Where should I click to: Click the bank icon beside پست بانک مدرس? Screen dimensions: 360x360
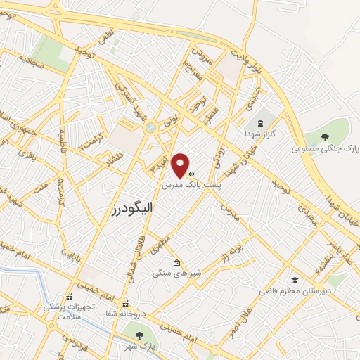point(191,173)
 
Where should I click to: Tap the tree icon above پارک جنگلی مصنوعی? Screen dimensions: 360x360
point(324,136)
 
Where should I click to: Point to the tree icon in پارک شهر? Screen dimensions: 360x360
point(139,335)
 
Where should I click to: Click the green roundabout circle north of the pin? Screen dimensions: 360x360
point(150,128)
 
